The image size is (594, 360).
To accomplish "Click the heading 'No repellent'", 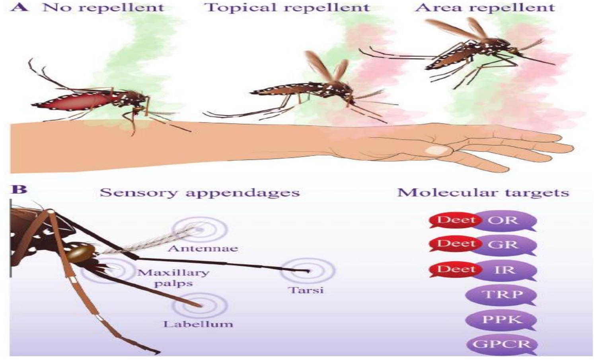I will coord(103,7).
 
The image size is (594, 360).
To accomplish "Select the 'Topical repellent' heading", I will coord(287,7).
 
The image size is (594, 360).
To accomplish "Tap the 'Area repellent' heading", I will coord(485,7).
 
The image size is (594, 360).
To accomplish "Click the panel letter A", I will coord(19,7).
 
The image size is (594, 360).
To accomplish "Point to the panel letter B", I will coord(19,189).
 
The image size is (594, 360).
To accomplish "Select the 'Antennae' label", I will coord(203,249).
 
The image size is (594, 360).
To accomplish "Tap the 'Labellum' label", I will coord(198,324).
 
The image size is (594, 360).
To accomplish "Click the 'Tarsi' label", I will coord(306,290).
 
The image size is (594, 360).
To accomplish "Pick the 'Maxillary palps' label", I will coord(173,278).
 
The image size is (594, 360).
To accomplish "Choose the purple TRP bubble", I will coord(502,295).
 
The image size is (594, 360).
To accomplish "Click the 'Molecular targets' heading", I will coord(483,193).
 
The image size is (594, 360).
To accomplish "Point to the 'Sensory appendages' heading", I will coord(199,193).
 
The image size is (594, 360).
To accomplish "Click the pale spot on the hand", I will coord(436,150).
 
